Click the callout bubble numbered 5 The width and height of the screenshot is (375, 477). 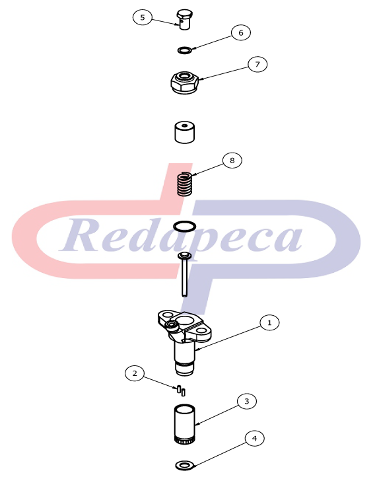[x=142, y=17]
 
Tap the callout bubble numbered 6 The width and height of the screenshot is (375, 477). [x=241, y=32]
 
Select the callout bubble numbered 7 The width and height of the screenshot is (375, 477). [x=257, y=64]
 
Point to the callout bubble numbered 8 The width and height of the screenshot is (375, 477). [x=232, y=161]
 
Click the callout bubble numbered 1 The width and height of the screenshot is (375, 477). [x=269, y=322]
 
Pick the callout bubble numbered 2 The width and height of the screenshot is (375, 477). [x=135, y=373]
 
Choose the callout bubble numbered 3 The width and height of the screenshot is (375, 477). [x=247, y=401]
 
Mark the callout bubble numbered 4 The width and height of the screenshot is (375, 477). [x=254, y=439]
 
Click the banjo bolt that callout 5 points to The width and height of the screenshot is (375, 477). [x=184, y=19]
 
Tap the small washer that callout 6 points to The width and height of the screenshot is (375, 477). [x=184, y=50]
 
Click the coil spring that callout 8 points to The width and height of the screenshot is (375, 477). [x=185, y=184]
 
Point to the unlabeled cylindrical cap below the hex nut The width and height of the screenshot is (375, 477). [x=184, y=132]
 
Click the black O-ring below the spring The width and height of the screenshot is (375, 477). [x=184, y=227]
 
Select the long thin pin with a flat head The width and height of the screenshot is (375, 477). [x=184, y=274]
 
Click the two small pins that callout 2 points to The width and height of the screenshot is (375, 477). [x=181, y=390]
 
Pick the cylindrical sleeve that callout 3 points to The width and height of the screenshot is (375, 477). [x=185, y=423]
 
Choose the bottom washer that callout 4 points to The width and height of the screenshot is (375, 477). [x=185, y=465]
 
